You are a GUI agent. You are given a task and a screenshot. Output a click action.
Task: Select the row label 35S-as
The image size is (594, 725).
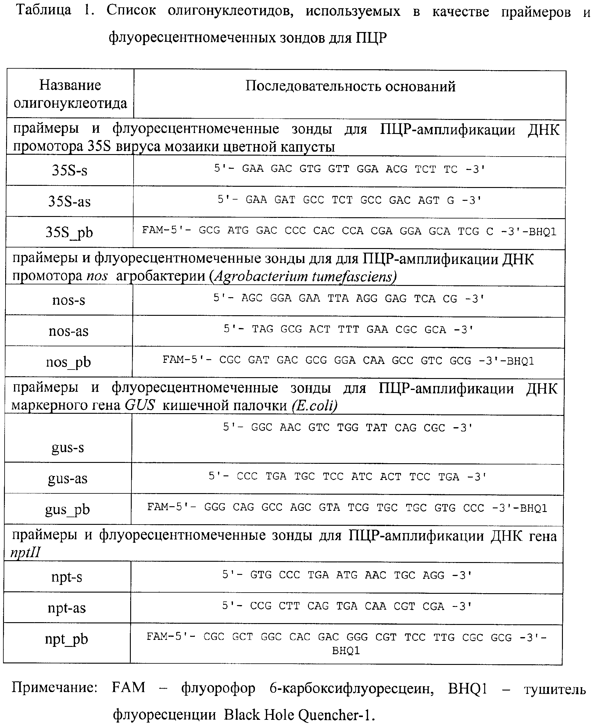point(69,201)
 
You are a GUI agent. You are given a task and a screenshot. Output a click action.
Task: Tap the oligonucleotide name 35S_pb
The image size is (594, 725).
point(69,233)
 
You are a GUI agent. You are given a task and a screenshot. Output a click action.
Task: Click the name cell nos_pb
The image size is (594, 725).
point(68,362)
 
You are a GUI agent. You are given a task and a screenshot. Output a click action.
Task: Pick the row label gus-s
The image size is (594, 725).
point(67,447)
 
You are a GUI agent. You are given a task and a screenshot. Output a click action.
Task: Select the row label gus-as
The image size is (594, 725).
point(67,478)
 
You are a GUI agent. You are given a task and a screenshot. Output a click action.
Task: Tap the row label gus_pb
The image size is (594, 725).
point(67,510)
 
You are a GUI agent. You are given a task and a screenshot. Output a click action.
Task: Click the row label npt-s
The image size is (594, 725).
point(67,577)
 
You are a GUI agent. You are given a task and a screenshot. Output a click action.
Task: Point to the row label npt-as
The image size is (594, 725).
point(67,608)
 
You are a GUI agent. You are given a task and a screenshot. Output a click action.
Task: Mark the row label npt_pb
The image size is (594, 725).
point(66,639)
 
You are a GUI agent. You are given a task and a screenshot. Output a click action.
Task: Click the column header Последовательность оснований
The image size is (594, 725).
point(350,86)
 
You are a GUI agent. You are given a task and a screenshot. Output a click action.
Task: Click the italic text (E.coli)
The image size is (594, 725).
point(314,406)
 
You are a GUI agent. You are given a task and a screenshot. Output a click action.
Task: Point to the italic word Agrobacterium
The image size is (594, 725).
point(260,276)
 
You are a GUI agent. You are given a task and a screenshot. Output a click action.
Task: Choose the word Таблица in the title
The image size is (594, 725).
point(44,10)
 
